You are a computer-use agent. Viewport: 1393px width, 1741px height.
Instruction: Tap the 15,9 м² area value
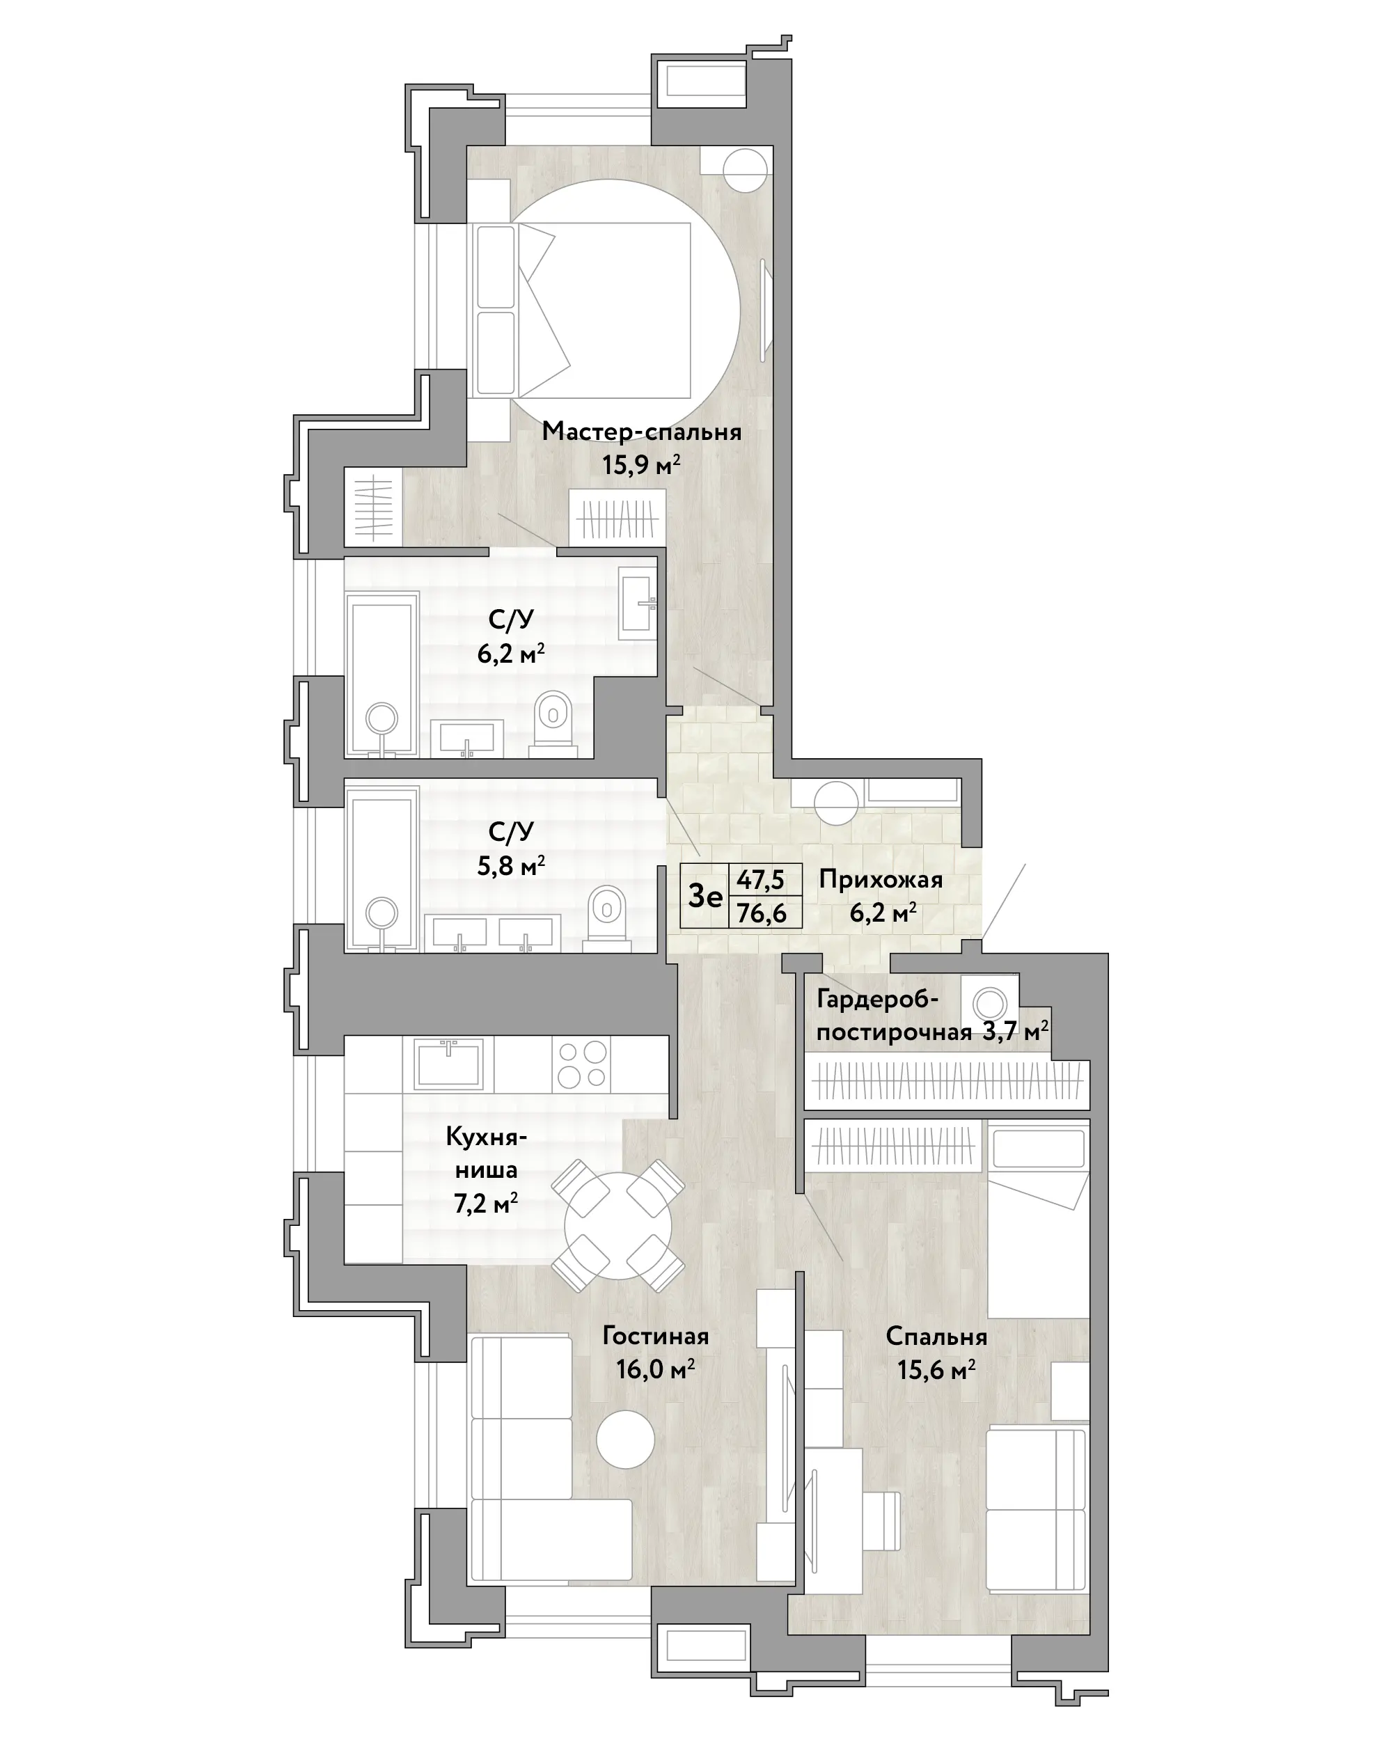[x=641, y=465]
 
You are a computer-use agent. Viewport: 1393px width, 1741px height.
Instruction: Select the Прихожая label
[x=880, y=879]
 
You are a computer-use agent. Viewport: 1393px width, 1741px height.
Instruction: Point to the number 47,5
[x=760, y=879]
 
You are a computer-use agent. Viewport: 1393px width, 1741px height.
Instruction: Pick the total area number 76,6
[x=762, y=913]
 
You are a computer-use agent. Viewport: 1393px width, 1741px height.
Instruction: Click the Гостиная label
[x=656, y=1336]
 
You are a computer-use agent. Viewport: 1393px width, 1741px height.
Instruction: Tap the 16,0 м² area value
[x=656, y=1369]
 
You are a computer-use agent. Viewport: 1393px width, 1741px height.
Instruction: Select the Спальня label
[x=936, y=1337]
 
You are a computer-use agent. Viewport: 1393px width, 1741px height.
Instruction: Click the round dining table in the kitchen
[x=617, y=1225]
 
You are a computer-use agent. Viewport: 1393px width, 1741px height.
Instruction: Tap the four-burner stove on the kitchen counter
[x=582, y=1064]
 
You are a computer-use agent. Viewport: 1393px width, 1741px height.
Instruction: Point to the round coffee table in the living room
[x=626, y=1439]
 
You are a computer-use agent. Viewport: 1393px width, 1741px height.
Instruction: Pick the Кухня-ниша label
[x=486, y=1153]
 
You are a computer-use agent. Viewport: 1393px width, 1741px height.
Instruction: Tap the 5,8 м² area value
[x=511, y=866]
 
